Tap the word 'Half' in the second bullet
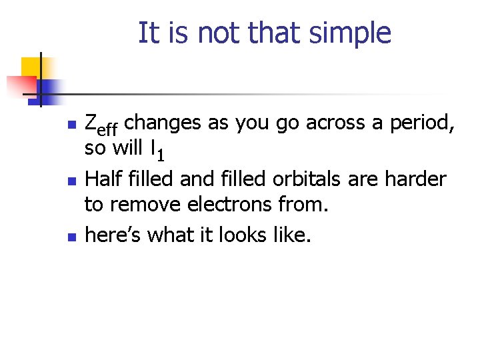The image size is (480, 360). pyautogui.click(x=105, y=179)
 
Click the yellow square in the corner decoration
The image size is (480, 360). pyautogui.click(x=31, y=67)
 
